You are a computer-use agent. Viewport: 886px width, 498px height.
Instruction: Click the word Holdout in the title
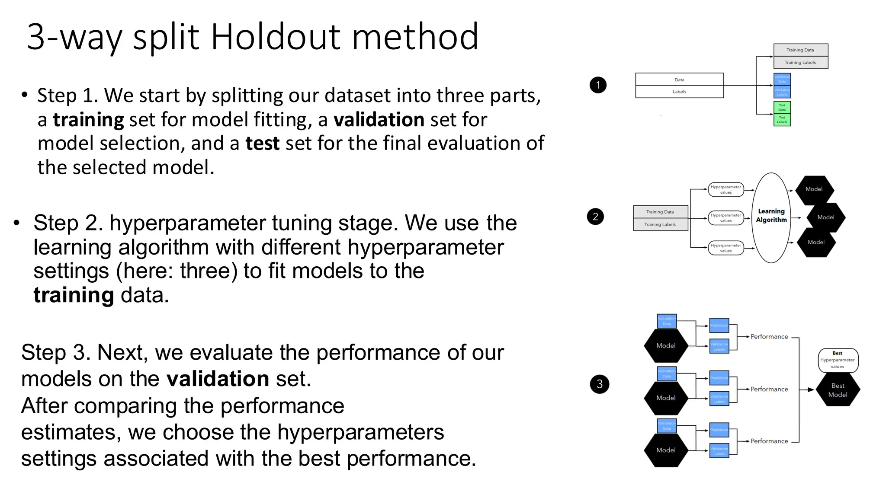(276, 37)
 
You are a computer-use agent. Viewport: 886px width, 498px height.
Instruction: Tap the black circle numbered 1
(598, 85)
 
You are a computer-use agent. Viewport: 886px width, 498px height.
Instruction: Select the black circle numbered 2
(595, 217)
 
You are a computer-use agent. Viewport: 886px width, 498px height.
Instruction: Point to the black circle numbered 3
(599, 384)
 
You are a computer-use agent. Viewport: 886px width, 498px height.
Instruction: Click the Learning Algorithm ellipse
(771, 217)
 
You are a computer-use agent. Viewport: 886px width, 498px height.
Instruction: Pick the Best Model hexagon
(838, 390)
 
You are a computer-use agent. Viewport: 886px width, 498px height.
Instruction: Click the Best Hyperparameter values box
(838, 360)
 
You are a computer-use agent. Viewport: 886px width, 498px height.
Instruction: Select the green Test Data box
(782, 107)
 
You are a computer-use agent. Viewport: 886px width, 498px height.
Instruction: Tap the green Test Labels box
(782, 120)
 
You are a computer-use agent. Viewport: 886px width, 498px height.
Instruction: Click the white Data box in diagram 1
(679, 80)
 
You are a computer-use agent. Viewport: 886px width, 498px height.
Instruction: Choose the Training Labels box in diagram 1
(800, 63)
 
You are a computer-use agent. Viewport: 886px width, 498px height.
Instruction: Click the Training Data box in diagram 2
(660, 212)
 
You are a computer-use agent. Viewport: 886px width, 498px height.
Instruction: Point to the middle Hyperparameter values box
(726, 218)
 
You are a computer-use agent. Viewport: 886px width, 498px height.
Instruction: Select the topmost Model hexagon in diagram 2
(814, 189)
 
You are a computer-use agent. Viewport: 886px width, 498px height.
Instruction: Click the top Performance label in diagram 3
(769, 337)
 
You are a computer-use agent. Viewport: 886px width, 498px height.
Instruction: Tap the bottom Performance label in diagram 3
(769, 441)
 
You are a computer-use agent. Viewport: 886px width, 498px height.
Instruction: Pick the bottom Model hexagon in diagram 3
(666, 450)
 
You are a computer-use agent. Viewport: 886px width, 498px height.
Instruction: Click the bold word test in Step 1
(263, 144)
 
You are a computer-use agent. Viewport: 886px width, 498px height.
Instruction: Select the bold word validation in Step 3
(218, 379)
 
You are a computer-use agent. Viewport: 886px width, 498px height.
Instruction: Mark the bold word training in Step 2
(74, 295)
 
